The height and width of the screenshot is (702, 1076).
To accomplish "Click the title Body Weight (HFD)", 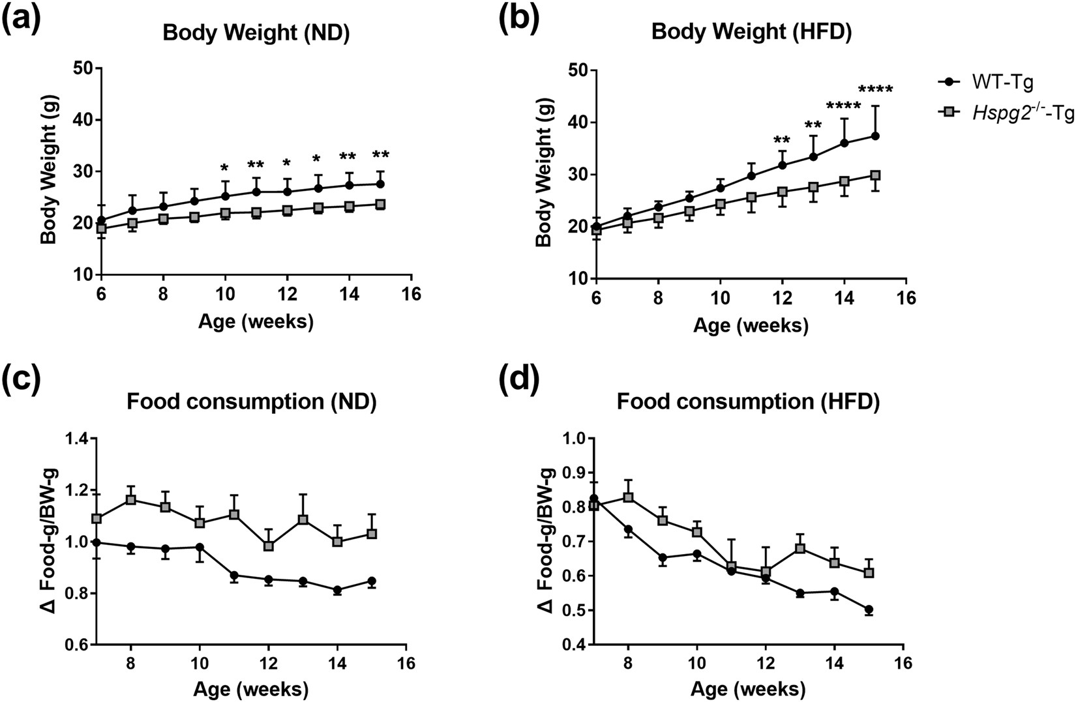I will coord(751,33).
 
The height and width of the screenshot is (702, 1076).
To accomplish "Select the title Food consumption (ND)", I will coord(251,402).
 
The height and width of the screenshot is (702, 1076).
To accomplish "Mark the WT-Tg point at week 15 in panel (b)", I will coord(875,136).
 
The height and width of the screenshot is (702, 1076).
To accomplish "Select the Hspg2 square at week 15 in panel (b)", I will coord(875,175).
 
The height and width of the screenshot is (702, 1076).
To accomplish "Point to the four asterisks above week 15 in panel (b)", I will coord(875,90).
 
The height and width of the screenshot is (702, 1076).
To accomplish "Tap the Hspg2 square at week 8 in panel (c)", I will coord(131,500).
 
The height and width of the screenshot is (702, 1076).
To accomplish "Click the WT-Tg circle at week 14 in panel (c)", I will coord(337,591).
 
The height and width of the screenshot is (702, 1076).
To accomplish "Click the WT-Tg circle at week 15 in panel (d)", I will coord(869,610).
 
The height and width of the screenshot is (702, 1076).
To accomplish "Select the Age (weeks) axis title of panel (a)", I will coord(256,321).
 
